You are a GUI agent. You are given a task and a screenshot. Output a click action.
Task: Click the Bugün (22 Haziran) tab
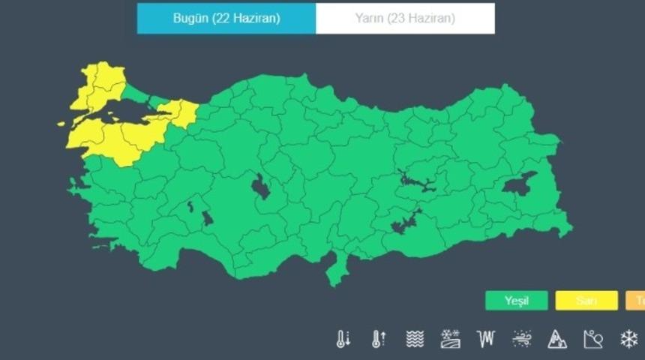226,19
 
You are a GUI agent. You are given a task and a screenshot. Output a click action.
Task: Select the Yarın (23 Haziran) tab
405,19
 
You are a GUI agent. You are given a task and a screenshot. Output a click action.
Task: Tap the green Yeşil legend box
516,301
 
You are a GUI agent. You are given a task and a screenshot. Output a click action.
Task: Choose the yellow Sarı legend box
586,301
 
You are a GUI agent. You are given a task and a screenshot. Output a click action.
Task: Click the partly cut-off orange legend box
636,301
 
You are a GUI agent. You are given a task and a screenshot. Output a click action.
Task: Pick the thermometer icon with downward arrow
343,339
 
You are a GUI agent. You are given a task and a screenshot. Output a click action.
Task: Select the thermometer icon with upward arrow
379,339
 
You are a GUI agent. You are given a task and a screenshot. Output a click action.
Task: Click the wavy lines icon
415,339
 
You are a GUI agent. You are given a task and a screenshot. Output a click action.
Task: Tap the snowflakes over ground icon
450,339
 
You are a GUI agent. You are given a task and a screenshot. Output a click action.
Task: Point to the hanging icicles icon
485,339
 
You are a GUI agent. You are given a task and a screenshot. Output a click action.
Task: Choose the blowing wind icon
521,339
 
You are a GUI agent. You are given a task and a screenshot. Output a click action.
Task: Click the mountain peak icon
556,339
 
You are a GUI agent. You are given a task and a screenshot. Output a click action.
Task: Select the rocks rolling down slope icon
592,339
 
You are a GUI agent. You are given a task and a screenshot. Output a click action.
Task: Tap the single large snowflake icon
628,339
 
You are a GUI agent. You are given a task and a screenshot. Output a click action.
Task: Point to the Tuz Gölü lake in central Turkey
260,187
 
